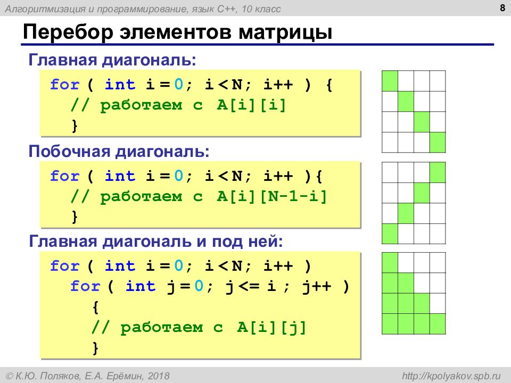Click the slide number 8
(x=502, y=7)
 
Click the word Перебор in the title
(x=68, y=32)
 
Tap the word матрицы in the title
(x=285, y=33)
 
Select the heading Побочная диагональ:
(x=119, y=151)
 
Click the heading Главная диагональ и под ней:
(x=156, y=242)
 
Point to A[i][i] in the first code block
(x=251, y=105)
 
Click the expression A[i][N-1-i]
(x=271, y=196)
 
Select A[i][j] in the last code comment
(x=272, y=327)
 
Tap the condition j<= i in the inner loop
(x=251, y=286)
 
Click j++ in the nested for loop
(x=316, y=286)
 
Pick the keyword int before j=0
(x=141, y=286)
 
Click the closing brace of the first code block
(x=75, y=126)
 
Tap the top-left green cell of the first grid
(x=390, y=81)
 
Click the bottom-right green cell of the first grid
(x=438, y=143)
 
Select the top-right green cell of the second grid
(x=438, y=172)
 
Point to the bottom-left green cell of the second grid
(x=390, y=234)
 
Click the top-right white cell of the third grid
(x=438, y=262)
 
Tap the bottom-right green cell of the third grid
(x=438, y=324)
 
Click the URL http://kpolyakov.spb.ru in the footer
(x=451, y=376)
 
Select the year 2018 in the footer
(x=159, y=376)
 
